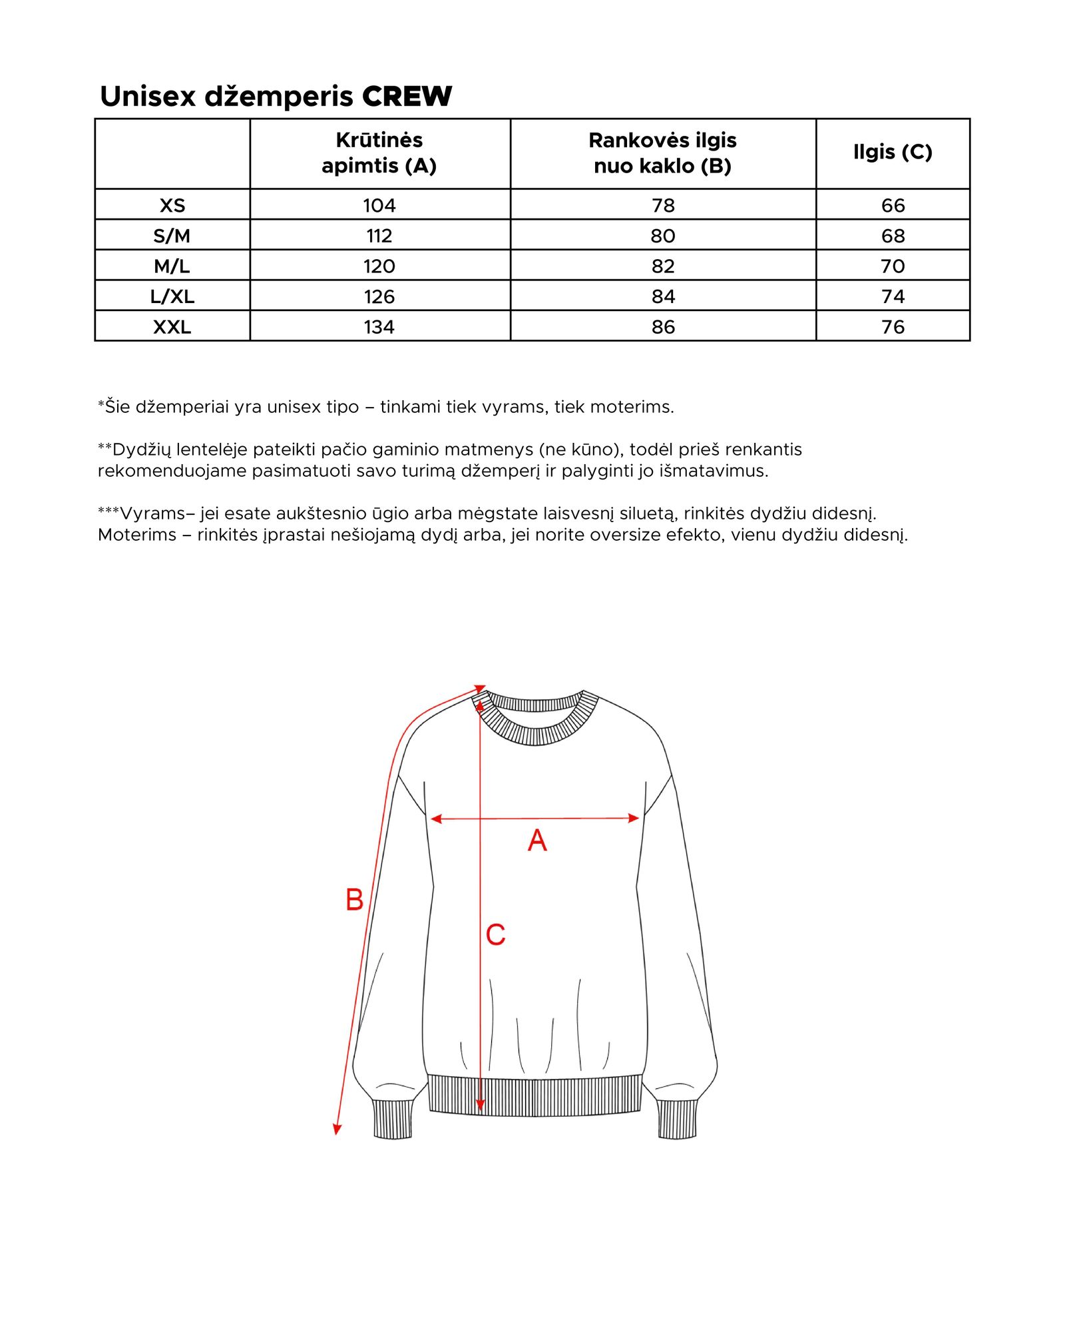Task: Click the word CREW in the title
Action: pyautogui.click(x=407, y=97)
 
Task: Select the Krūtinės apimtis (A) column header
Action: pyautogui.click(x=379, y=153)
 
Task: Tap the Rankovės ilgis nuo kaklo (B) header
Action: pyautogui.click(x=663, y=153)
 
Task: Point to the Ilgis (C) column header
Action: pyautogui.click(x=893, y=152)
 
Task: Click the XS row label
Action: pyautogui.click(x=172, y=205)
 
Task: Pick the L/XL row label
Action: pyautogui.click(x=172, y=296)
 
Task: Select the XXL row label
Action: pyautogui.click(x=172, y=327)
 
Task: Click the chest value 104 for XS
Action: pyautogui.click(x=379, y=205)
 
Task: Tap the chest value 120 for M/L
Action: pyautogui.click(x=379, y=266)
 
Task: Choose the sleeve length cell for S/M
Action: pyautogui.click(x=663, y=236)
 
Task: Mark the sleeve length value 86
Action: pyautogui.click(x=663, y=327)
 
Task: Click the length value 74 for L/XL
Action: pyautogui.click(x=893, y=296)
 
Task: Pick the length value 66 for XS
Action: pyautogui.click(x=893, y=205)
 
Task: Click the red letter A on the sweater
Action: pyautogui.click(x=537, y=840)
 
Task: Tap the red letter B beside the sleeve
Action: pyautogui.click(x=354, y=900)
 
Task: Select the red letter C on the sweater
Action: pyautogui.click(x=495, y=934)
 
